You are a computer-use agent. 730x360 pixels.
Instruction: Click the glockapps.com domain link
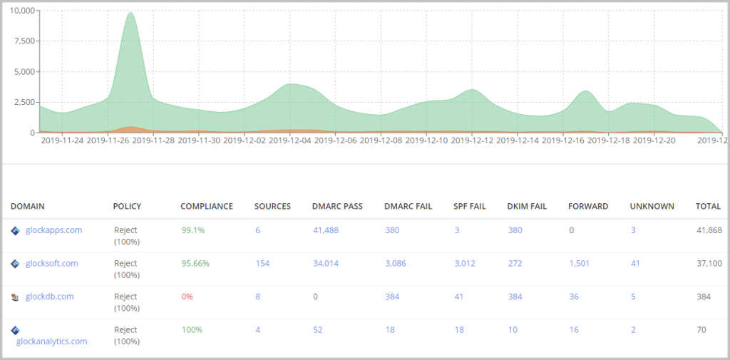pyautogui.click(x=53, y=230)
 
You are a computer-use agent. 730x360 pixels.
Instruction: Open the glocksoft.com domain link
pyautogui.click(x=51, y=263)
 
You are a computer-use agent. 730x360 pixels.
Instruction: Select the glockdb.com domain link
pyautogui.click(x=49, y=297)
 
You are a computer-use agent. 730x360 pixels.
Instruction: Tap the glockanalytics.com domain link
pyautogui.click(x=51, y=341)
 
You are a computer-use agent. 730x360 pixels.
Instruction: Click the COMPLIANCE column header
pyautogui.click(x=206, y=206)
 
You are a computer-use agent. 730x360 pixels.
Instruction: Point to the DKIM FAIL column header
pyautogui.click(x=527, y=206)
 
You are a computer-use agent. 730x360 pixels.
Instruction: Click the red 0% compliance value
pyautogui.click(x=186, y=297)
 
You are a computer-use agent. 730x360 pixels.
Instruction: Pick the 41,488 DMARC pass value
pyautogui.click(x=326, y=230)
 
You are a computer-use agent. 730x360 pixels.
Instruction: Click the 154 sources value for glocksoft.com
pyautogui.click(x=262, y=263)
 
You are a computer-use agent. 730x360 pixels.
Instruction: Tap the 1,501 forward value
pyautogui.click(x=580, y=263)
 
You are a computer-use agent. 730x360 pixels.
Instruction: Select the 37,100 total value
pyautogui.click(x=709, y=263)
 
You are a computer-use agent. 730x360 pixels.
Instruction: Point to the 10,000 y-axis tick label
pyautogui.click(x=21, y=11)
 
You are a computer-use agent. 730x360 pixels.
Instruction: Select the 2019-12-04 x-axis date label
pyautogui.click(x=290, y=141)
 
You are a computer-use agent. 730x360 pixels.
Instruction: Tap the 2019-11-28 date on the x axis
pyautogui.click(x=153, y=141)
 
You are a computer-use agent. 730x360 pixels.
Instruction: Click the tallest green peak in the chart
pyautogui.click(x=130, y=14)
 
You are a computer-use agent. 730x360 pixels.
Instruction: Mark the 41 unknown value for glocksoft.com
pyautogui.click(x=635, y=263)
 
